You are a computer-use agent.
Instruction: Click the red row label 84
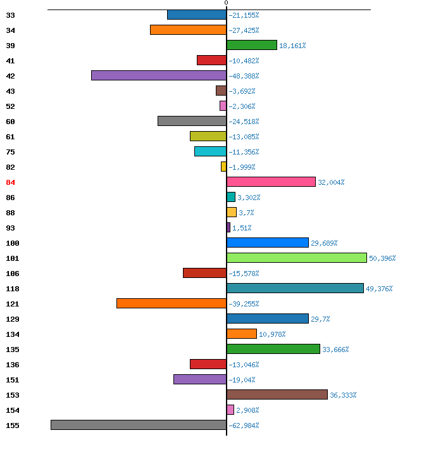[10, 182]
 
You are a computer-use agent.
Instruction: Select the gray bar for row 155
[139, 425]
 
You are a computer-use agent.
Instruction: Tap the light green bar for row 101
[297, 258]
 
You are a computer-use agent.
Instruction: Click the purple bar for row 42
[159, 75]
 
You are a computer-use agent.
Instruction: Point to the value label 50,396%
[382, 258]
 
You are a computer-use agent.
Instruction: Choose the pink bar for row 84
[271, 182]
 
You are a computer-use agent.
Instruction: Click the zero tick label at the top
[227, 3]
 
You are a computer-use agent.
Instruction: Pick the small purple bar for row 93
[228, 227]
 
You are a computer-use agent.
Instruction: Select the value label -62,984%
[244, 426]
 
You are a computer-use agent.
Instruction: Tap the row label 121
[13, 304]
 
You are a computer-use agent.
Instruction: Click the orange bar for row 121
[172, 303]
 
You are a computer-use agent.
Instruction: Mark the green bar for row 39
[252, 45]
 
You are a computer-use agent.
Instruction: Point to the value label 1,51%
[242, 228]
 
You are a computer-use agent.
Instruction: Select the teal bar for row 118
[295, 288]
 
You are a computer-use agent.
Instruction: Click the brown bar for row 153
[277, 394]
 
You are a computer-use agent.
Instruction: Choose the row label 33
[10, 15]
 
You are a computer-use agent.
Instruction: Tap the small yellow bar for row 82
[223, 167]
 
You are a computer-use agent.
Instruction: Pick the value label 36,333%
[343, 395]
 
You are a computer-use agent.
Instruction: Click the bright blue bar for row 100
[268, 243]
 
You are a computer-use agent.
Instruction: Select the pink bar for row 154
[230, 410]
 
